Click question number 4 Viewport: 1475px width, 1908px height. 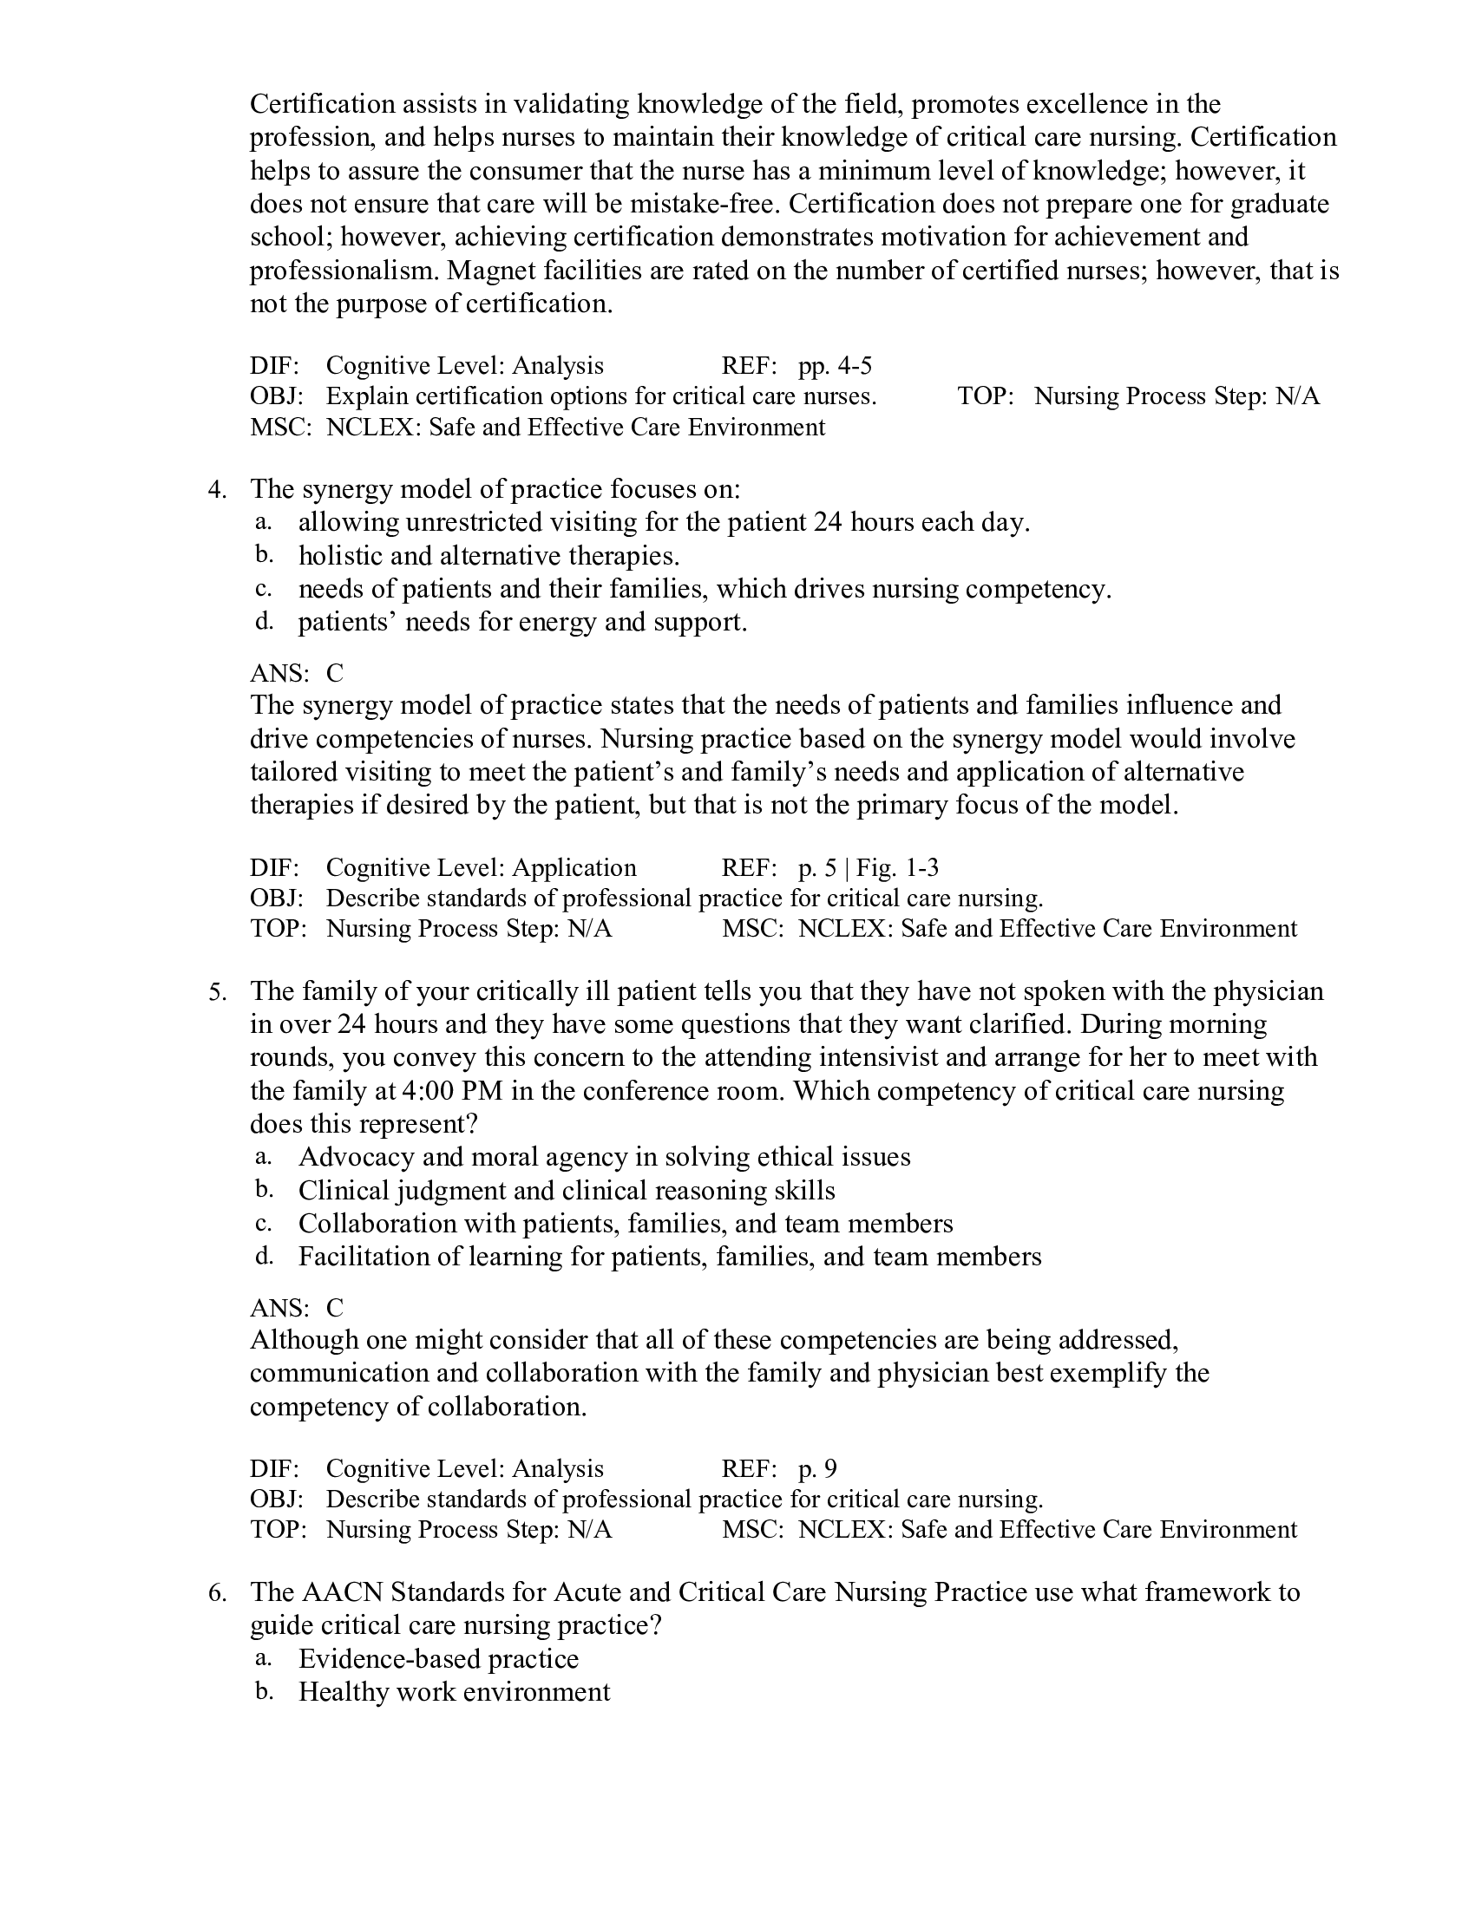[x=217, y=489]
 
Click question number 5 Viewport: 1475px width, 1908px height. [x=217, y=991]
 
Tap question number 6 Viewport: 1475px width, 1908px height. [x=217, y=1591]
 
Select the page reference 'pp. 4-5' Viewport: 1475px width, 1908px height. [x=835, y=365]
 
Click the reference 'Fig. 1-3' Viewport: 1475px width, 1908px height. [x=897, y=867]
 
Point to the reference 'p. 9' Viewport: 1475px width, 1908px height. [x=817, y=1468]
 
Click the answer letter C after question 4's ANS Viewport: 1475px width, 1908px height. [x=335, y=673]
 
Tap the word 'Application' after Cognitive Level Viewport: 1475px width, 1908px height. [x=574, y=867]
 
